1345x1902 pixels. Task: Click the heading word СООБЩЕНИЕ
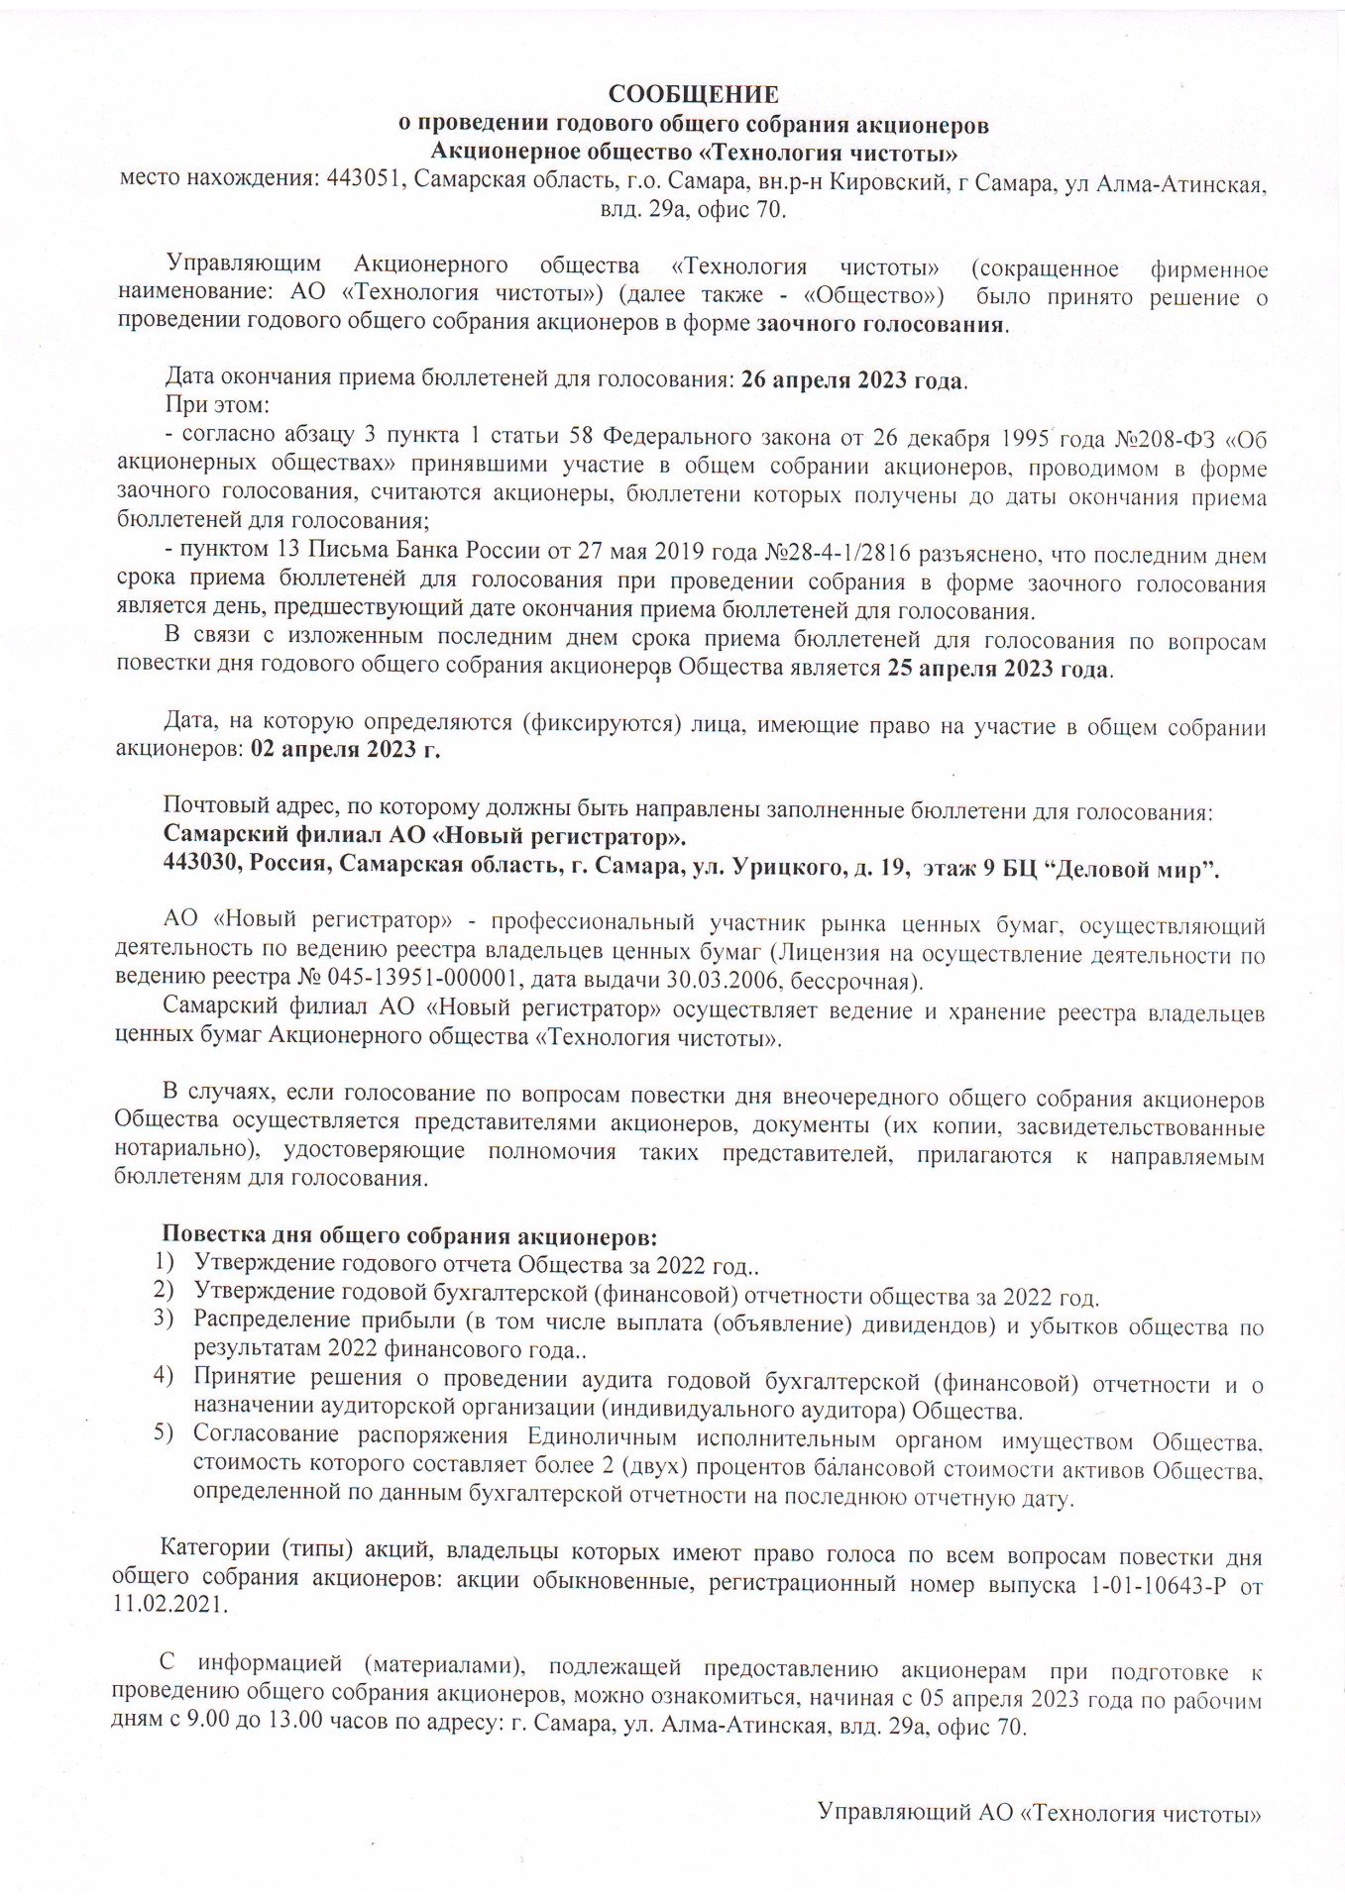(693, 95)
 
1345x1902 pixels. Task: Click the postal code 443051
(363, 183)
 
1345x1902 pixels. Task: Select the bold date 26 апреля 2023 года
(852, 380)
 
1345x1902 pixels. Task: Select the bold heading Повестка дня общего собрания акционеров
(409, 1237)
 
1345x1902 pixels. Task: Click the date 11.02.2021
(169, 1605)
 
